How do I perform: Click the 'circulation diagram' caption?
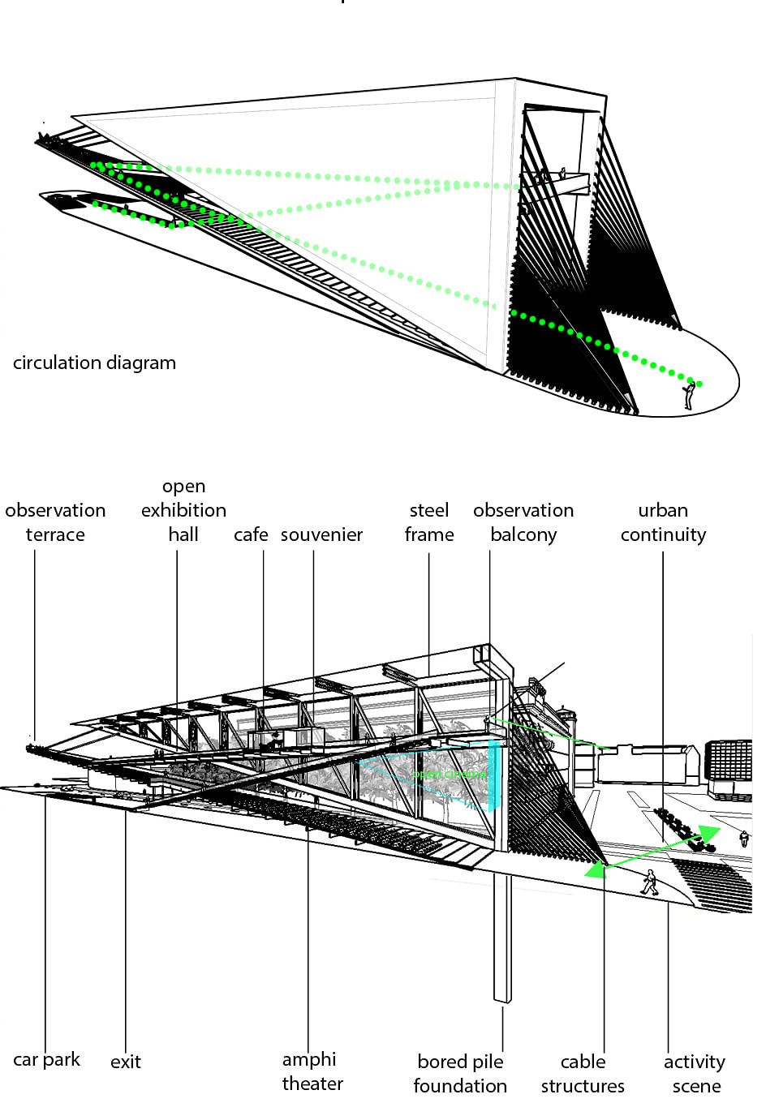tap(94, 363)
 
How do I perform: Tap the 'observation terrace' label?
tap(55, 522)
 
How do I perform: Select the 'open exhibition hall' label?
tap(183, 510)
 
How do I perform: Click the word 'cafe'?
tap(251, 534)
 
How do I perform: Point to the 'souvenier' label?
tap(321, 534)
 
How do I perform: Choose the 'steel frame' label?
tap(428, 522)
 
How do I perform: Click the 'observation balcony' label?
tap(523, 522)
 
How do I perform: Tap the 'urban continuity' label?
tap(663, 522)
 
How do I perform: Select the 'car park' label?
tap(46, 1059)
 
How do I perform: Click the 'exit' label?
tap(126, 1062)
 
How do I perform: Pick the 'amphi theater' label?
tap(312, 1071)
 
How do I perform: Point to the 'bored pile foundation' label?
tap(460, 1073)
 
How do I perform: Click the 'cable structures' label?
tap(583, 1073)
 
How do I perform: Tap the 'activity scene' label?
tap(695, 1073)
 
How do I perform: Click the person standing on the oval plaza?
tap(689, 395)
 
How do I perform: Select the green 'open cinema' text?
tap(448, 775)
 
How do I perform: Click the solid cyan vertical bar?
tap(492, 775)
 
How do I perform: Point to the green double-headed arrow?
tap(653, 852)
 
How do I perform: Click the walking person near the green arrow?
tap(649, 882)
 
